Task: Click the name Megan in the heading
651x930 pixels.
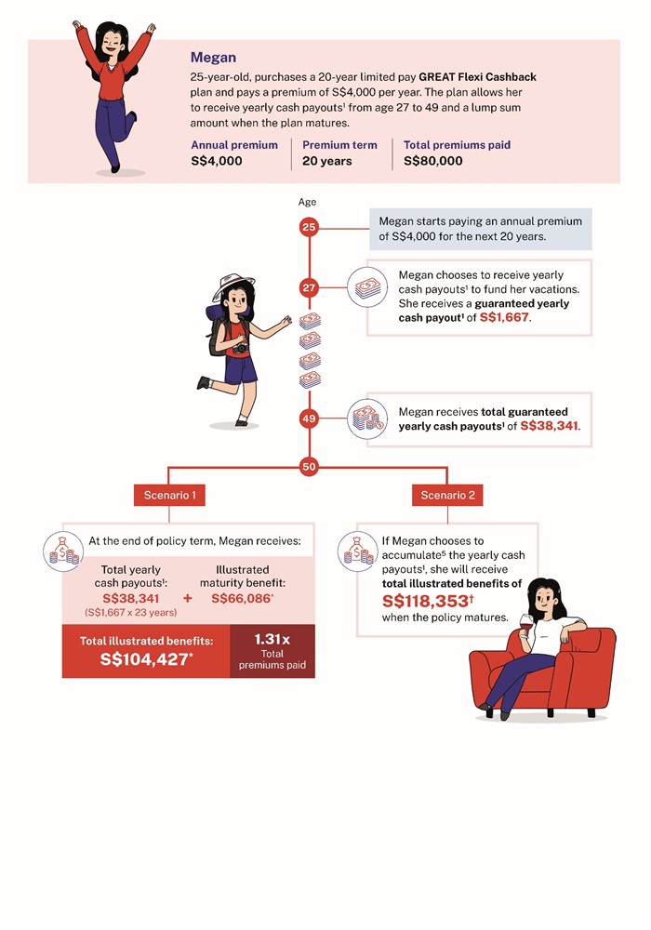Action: [213, 58]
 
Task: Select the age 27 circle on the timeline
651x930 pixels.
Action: [309, 288]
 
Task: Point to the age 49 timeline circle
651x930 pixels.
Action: [309, 419]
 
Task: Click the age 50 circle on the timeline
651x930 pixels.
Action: [309, 467]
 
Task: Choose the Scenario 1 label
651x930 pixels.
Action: [169, 496]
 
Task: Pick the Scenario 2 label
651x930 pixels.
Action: [447, 496]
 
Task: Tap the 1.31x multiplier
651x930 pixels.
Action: [272, 640]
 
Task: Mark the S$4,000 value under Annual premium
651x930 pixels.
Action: [217, 161]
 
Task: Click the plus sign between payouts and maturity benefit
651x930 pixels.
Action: [187, 598]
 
